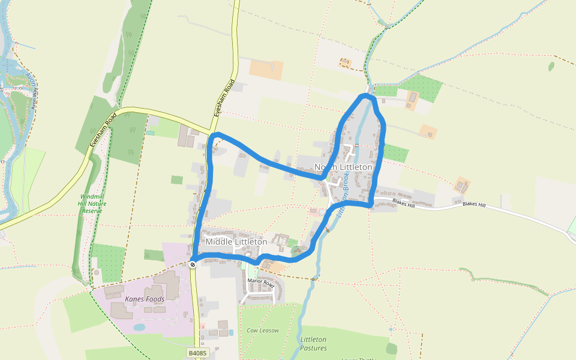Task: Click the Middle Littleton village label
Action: click(236, 242)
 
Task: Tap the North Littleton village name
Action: click(347, 167)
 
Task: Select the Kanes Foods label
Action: click(144, 299)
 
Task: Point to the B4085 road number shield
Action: click(197, 354)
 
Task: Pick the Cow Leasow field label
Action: click(263, 331)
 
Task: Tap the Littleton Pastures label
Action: click(314, 344)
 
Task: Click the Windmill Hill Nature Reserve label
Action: click(92, 203)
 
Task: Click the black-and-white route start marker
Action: click(193, 264)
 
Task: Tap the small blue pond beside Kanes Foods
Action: click(139, 328)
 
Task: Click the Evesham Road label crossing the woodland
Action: click(101, 129)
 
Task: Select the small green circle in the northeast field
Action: click(551, 66)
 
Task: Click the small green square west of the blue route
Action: click(176, 179)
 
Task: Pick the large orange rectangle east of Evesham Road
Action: click(266, 70)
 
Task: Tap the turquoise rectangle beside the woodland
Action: click(150, 133)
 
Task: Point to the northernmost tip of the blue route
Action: click(365, 95)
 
